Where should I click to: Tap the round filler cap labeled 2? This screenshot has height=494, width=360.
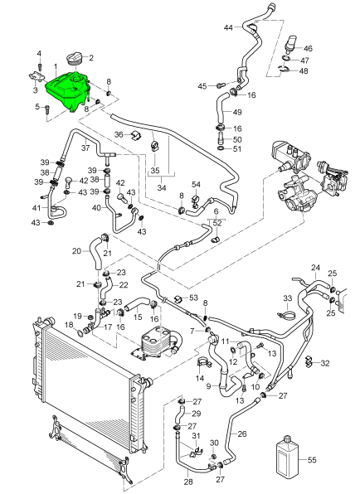75,60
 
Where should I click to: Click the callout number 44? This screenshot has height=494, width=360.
228,27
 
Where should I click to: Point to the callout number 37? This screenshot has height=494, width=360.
85,148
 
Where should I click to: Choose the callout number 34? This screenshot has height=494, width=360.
162,188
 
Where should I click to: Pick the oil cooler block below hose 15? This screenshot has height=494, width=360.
153,343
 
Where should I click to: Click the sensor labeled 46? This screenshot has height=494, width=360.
290,46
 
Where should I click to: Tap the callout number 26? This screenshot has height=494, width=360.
241,433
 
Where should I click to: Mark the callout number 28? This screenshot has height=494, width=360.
188,482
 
